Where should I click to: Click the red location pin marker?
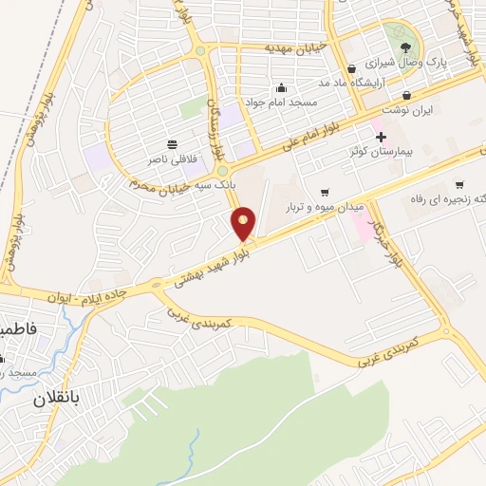coord(245,223)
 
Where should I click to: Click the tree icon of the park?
coord(407,48)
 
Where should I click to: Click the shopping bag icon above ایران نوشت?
coord(407,95)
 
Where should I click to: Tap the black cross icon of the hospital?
coord(381,138)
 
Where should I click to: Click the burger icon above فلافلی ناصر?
coord(171,144)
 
